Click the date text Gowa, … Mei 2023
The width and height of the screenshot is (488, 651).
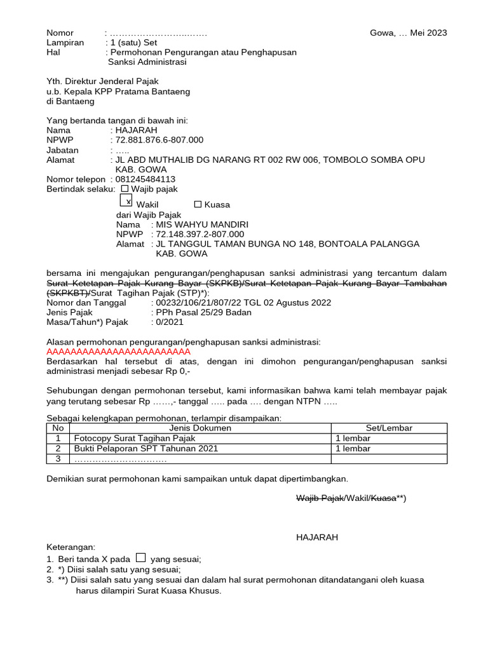[408, 33]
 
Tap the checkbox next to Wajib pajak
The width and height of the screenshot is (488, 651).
[125, 188]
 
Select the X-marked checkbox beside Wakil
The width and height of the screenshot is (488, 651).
[126, 201]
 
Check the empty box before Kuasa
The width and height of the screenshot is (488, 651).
[198, 204]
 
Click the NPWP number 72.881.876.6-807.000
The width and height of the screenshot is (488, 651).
[159, 140]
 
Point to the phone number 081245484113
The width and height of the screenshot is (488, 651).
[146, 179]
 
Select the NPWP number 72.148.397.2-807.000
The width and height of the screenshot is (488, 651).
[200, 235]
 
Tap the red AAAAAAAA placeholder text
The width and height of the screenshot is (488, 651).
[119, 352]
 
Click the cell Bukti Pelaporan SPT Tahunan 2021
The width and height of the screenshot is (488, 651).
[146, 448]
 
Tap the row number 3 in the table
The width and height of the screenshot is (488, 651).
[58, 458]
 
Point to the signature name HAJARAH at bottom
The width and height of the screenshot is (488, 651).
[317, 537]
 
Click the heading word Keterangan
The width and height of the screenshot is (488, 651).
[71, 547]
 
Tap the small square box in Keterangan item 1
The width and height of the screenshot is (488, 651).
[141, 558]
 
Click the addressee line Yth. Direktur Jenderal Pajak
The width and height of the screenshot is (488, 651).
[102, 81]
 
